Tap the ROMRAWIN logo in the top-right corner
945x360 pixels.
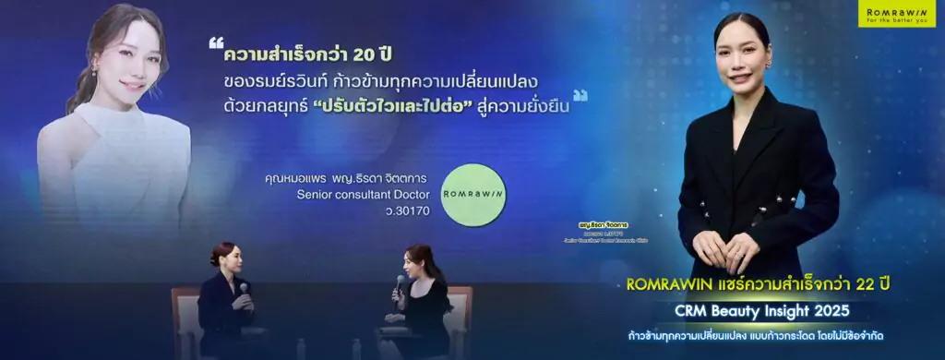(x=898, y=16)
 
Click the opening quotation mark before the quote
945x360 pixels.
(x=216, y=43)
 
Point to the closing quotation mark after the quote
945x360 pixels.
(x=580, y=94)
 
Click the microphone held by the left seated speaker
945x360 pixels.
(x=244, y=289)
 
